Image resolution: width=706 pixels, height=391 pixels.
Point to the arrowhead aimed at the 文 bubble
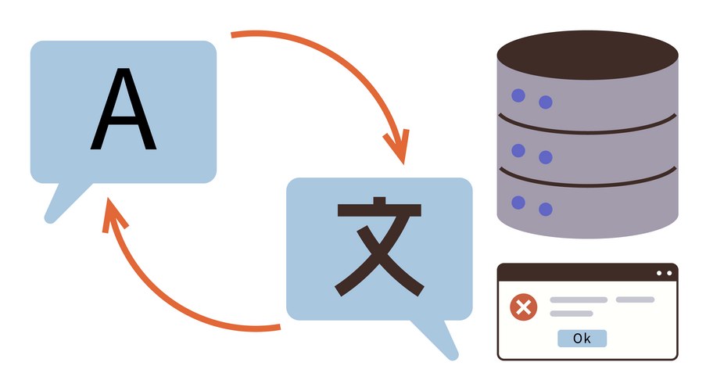(x=397, y=148)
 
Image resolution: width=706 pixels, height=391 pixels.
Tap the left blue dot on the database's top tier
(x=518, y=96)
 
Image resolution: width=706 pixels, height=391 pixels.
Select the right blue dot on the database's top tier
(x=546, y=102)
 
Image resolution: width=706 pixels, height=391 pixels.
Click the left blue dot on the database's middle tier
(x=518, y=150)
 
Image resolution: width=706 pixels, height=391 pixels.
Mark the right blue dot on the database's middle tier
(x=546, y=157)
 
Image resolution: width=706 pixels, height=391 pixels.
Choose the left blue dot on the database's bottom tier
(x=518, y=203)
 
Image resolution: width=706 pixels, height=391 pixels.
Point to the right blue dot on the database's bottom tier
(x=546, y=210)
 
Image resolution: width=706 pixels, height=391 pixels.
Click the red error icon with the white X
(x=523, y=307)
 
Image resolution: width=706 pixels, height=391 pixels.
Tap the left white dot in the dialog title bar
(x=659, y=273)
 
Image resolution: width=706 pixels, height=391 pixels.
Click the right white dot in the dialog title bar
(x=668, y=273)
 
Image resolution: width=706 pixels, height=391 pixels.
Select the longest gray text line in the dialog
(x=579, y=300)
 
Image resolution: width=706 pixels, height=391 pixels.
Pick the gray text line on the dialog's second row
(x=571, y=314)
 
